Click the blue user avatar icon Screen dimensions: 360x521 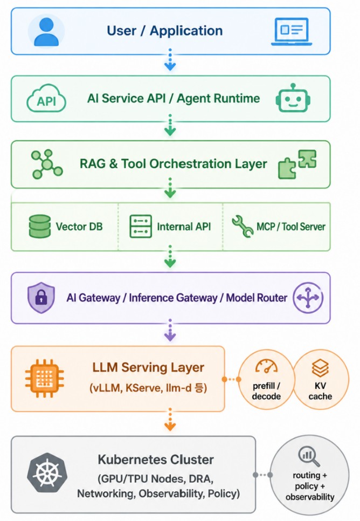tap(46, 32)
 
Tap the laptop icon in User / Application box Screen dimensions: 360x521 tap(292, 31)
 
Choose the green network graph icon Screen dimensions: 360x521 tap(47, 164)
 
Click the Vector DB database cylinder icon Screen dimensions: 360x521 tap(40, 227)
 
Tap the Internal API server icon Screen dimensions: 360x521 tap(141, 227)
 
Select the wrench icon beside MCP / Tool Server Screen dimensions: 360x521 tap(243, 227)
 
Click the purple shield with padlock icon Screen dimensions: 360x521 tap(41, 298)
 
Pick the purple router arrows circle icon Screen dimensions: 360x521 tap(308, 298)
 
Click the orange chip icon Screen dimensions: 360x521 tap(45, 379)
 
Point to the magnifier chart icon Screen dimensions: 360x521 tap(309, 456)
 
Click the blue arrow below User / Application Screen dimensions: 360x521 tap(170, 60)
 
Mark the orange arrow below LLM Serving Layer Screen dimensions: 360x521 tap(170, 420)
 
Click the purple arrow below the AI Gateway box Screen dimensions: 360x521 tap(170, 330)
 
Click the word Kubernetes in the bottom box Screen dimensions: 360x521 tap(131, 460)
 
